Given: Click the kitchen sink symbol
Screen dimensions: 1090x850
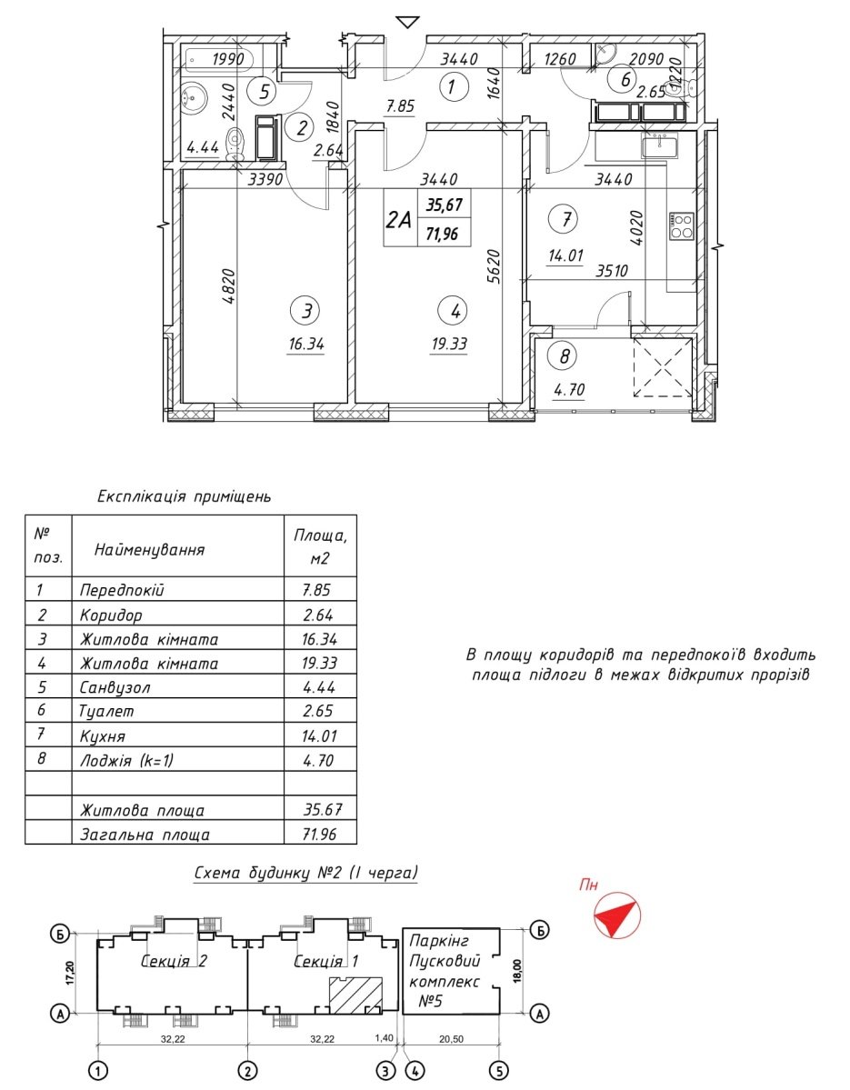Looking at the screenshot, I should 657,145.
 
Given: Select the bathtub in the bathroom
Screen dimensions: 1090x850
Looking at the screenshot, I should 216,61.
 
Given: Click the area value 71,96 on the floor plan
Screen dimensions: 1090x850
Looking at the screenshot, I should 442,234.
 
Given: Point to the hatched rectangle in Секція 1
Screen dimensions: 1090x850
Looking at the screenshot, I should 355,994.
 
